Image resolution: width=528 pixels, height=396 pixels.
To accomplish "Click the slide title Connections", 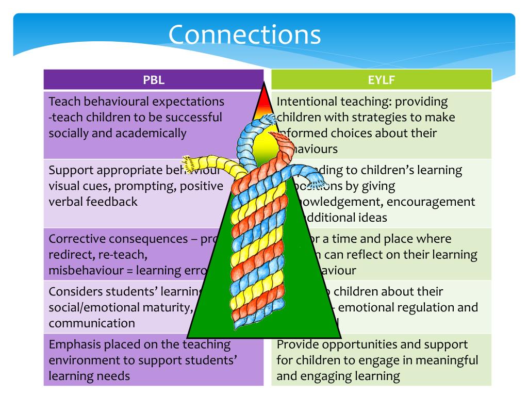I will coord(245,35).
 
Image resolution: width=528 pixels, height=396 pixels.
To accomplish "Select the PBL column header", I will coord(154,80).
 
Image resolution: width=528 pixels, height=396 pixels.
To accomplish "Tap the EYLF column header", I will coord(382,80).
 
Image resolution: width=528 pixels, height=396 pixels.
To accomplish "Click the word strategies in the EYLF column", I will coord(364,118).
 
